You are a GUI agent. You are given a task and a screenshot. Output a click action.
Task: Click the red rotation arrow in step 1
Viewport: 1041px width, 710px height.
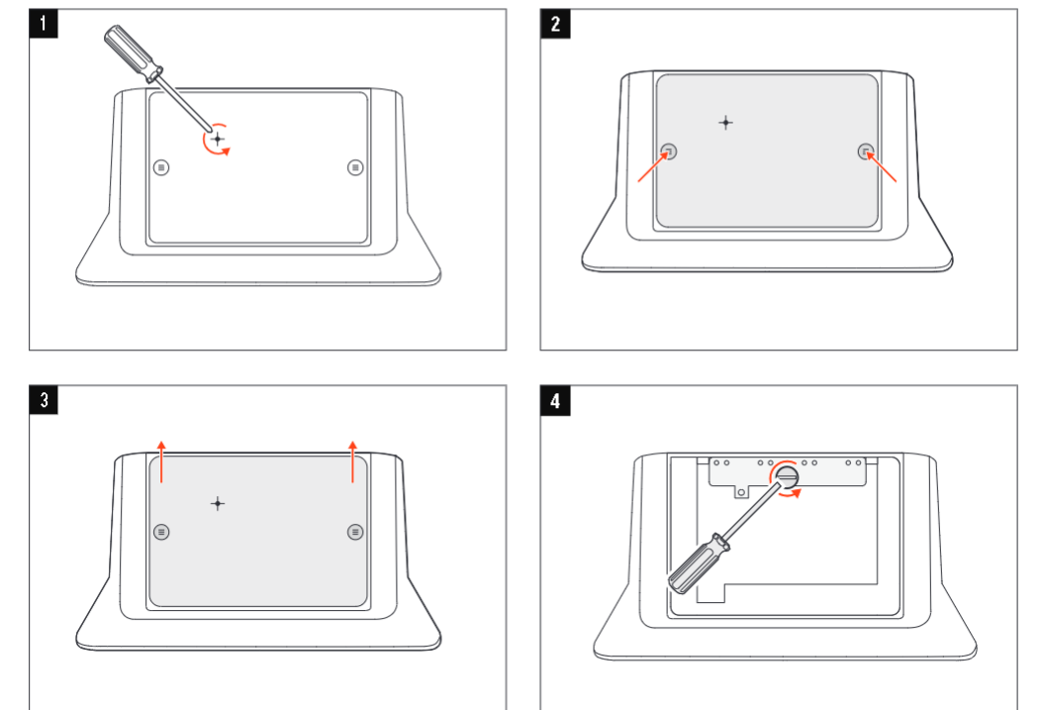[x=220, y=142]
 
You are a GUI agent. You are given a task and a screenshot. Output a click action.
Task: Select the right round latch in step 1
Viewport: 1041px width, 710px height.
[x=355, y=167]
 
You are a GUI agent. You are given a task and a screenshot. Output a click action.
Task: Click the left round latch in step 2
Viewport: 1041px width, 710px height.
[x=670, y=152]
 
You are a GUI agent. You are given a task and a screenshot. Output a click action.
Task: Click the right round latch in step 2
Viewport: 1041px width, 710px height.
[x=866, y=152]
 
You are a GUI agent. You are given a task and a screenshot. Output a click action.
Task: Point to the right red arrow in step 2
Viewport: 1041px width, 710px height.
[x=884, y=169]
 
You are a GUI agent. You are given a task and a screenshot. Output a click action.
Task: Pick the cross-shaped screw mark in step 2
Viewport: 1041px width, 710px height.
[x=725, y=123]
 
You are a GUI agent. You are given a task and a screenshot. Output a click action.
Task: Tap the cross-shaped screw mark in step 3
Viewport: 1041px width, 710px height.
[x=218, y=503]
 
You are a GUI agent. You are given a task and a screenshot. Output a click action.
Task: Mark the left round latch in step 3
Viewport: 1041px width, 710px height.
[x=162, y=532]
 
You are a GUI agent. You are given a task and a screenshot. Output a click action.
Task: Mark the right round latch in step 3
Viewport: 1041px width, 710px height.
[x=355, y=532]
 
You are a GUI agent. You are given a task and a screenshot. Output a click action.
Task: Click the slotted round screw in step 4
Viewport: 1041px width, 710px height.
[x=787, y=477]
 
